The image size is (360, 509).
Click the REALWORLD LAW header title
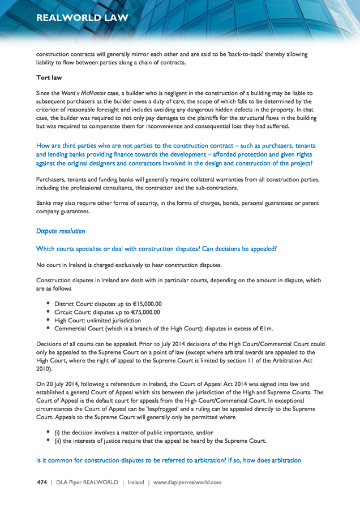(82, 18)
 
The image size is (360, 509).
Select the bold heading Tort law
(49, 77)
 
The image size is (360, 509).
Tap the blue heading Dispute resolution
(61, 231)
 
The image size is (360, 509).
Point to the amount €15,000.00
(142, 304)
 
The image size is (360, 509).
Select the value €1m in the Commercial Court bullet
(265, 329)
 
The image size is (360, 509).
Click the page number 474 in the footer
(41, 482)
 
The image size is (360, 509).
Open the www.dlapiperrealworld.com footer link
(187, 482)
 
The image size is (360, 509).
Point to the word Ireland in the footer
(136, 482)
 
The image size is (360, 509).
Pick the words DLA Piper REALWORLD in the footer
(87, 482)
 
